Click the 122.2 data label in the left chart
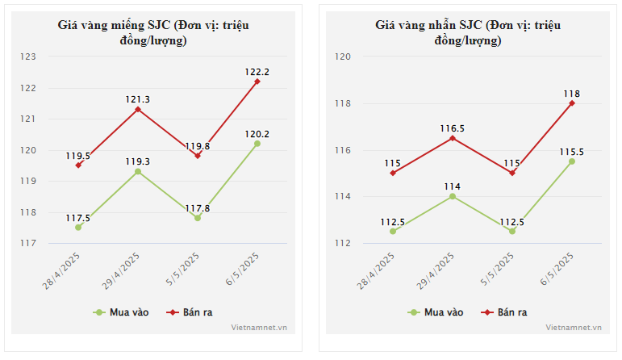[x=257, y=72]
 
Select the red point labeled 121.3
[x=138, y=109]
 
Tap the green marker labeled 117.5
[x=78, y=228]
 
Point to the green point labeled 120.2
[x=257, y=144]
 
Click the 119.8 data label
[x=197, y=146]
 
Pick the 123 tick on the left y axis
[x=29, y=57]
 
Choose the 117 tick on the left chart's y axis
[x=29, y=243]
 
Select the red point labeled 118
[x=572, y=103]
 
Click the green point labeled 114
[x=453, y=196]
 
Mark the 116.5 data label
[x=453, y=128]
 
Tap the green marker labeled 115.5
[x=572, y=161]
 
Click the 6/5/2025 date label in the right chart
[x=557, y=270]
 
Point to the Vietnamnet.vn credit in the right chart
[x=574, y=328]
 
